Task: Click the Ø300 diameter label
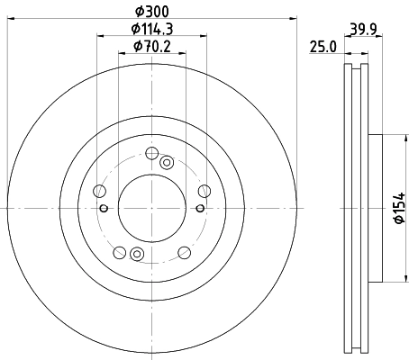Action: coord(152,12)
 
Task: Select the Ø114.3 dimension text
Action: coord(152,29)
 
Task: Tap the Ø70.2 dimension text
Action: coord(152,47)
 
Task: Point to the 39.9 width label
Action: coord(363,30)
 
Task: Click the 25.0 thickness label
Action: coord(323,47)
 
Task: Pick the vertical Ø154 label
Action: coord(399,208)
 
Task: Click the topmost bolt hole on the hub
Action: coord(152,153)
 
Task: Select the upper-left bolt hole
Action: coord(100,191)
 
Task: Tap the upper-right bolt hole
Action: coord(204,191)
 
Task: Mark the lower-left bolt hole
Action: coord(120,252)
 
